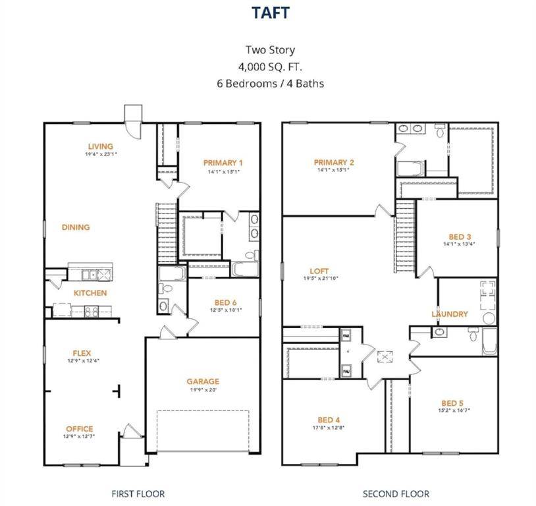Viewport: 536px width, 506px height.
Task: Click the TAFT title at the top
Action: click(270, 13)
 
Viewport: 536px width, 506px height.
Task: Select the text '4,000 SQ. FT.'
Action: click(270, 67)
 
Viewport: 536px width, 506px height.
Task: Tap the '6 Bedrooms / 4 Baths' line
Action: click(270, 84)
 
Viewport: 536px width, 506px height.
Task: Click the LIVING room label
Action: click(100, 146)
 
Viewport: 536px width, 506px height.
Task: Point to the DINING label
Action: click(76, 227)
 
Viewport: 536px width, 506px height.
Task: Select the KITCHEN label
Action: click(90, 293)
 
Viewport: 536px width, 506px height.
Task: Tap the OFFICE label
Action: click(79, 429)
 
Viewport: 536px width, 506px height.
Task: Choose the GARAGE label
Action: click(203, 381)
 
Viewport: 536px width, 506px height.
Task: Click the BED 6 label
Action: click(226, 302)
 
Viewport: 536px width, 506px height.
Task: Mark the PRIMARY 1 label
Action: click(223, 163)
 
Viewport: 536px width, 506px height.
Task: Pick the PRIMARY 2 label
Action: click(334, 163)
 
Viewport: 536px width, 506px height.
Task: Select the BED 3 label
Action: click(460, 237)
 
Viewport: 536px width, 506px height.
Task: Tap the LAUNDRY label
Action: click(450, 314)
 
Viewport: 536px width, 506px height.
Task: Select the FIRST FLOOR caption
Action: click(138, 493)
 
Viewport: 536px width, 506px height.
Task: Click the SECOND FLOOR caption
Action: click(396, 493)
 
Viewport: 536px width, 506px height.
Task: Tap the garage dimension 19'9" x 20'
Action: click(203, 389)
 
